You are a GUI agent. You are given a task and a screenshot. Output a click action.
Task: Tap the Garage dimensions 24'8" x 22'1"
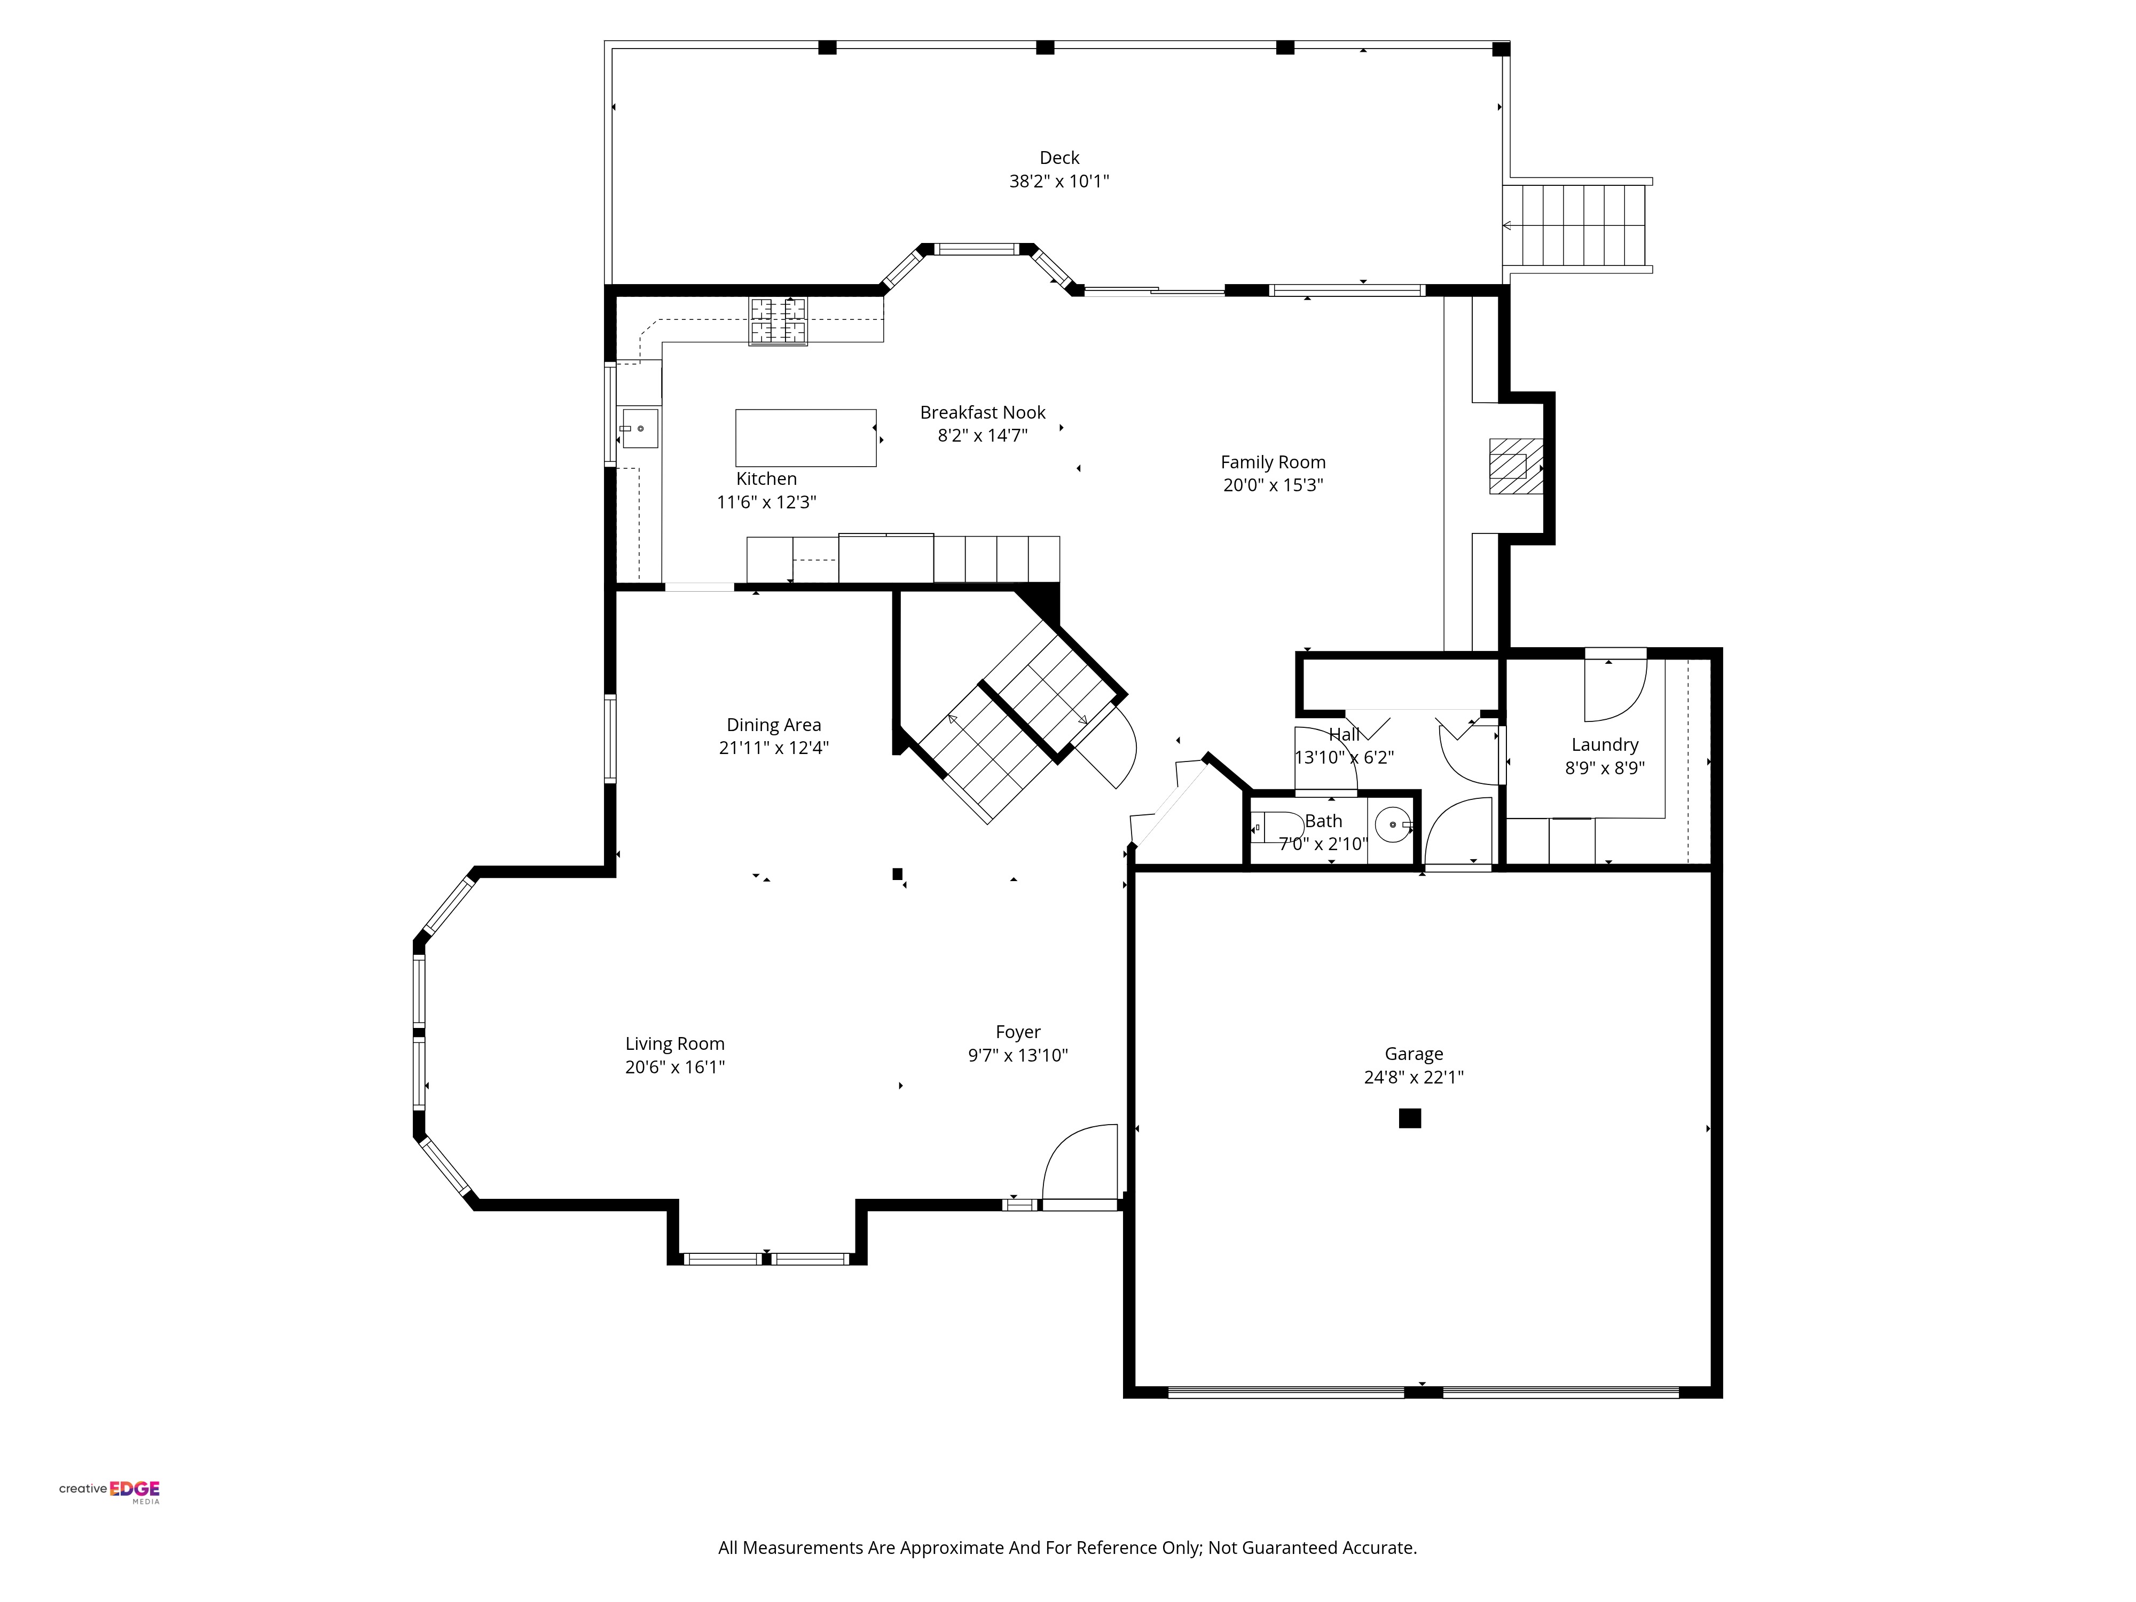point(1413,1078)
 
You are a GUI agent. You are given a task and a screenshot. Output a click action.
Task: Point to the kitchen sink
point(639,428)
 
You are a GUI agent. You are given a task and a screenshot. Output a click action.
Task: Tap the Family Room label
point(1273,462)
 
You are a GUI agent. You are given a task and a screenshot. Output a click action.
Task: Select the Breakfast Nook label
point(982,412)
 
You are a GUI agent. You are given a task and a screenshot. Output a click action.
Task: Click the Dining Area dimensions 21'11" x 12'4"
point(773,748)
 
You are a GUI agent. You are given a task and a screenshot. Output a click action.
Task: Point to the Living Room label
point(674,1044)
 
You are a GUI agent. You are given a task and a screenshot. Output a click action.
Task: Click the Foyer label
point(1018,1032)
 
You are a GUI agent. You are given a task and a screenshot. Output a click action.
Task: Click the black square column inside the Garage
point(1410,1118)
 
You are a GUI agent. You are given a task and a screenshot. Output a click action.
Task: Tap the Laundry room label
point(1604,744)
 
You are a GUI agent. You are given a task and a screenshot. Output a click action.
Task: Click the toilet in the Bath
point(1277,828)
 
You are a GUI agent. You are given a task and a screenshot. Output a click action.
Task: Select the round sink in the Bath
point(1393,824)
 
